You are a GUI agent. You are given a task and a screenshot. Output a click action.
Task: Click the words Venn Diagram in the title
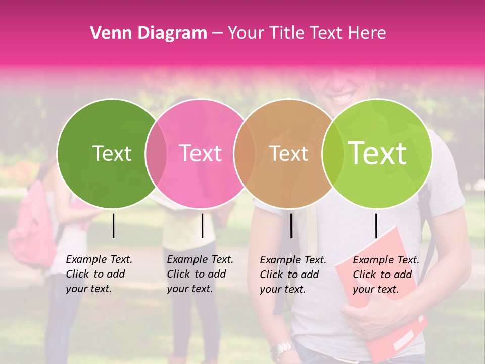[149, 33]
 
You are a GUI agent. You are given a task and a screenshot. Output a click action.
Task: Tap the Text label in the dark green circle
[112, 153]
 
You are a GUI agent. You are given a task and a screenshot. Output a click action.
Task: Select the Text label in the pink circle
[200, 153]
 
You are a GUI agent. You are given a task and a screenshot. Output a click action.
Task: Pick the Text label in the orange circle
[289, 153]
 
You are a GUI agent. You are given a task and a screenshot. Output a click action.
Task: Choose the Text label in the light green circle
[377, 153]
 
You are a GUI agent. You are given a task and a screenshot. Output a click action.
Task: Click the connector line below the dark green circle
[113, 225]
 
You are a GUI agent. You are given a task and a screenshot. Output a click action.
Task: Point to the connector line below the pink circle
[202, 225]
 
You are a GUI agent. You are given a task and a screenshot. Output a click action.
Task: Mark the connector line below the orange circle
[291, 225]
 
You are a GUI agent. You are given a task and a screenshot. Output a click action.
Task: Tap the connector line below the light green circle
[376, 225]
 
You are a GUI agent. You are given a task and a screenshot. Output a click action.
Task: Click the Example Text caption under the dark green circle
[99, 274]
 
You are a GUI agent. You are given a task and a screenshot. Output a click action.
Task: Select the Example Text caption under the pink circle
[200, 274]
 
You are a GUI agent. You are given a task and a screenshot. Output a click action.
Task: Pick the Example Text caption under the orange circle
[293, 275]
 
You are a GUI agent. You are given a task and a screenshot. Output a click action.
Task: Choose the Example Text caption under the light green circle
[386, 275]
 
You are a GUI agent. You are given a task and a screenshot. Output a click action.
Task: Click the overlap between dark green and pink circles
[156, 153]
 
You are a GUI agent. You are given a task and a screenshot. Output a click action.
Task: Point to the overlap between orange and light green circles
[331, 153]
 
